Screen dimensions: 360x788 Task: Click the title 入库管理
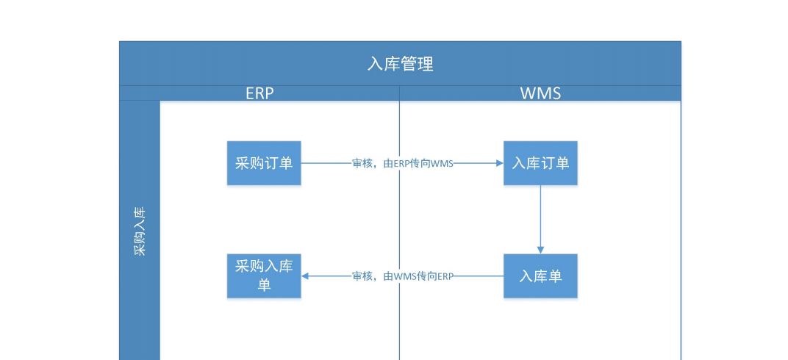400,64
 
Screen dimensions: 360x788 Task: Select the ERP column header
259,93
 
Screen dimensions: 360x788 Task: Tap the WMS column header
540,93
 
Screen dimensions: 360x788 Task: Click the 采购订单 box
264,163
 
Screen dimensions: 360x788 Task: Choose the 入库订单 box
540,163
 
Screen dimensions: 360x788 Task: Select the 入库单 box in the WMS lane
540,276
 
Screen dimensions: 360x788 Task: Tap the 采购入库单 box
264,276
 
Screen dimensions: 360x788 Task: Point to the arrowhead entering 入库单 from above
540,250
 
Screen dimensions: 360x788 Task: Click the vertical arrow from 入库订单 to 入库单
540,217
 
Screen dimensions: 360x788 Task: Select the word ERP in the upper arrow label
401,164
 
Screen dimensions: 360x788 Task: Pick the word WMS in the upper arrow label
442,164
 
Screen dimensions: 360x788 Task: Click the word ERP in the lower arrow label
445,276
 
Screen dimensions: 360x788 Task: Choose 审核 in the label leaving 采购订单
362,164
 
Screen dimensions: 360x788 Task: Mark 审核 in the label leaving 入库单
362,276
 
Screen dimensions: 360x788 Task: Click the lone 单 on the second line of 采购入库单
264,285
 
